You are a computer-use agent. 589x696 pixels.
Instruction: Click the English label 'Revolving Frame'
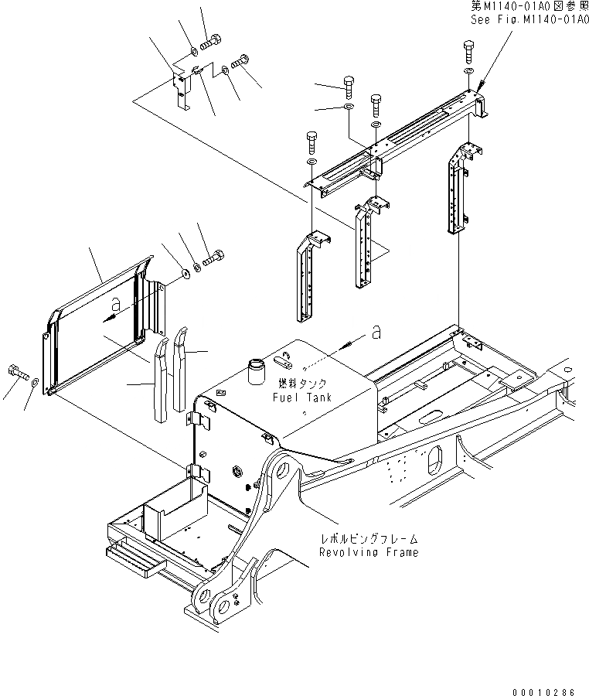tap(369, 552)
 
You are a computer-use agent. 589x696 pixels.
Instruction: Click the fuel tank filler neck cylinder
tap(257, 368)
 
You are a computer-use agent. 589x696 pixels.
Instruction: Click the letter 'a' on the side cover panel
tap(114, 304)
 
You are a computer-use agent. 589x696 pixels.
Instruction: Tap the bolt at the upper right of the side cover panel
tap(213, 258)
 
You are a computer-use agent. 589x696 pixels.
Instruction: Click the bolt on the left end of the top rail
tap(311, 140)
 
